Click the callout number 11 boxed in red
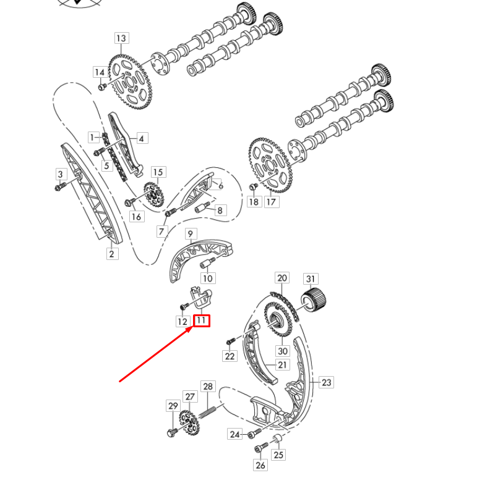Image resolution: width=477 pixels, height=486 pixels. point(201,321)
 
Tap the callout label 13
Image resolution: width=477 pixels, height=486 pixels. point(121,38)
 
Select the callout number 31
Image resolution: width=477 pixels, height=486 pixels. point(310,279)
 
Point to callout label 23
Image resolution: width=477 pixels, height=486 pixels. point(327,382)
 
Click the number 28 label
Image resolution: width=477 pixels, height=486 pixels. point(208,387)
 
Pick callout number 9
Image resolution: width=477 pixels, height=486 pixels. point(191,234)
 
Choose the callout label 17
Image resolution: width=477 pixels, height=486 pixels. point(271,201)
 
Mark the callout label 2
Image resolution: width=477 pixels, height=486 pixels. point(112,253)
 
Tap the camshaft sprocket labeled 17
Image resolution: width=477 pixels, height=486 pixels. point(270,164)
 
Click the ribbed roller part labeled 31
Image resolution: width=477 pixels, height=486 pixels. point(314,301)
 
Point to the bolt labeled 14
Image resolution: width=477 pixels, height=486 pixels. point(103,86)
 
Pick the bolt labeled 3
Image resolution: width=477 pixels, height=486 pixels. point(59,187)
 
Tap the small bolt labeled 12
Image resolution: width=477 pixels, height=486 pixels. point(184,306)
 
